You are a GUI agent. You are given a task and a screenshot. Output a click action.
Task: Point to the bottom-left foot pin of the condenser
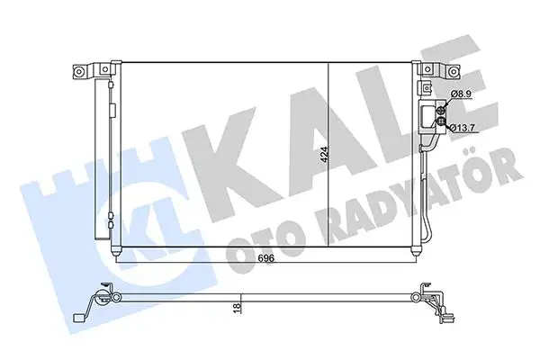117,255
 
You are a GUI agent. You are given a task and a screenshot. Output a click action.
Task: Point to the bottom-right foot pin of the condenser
413,255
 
